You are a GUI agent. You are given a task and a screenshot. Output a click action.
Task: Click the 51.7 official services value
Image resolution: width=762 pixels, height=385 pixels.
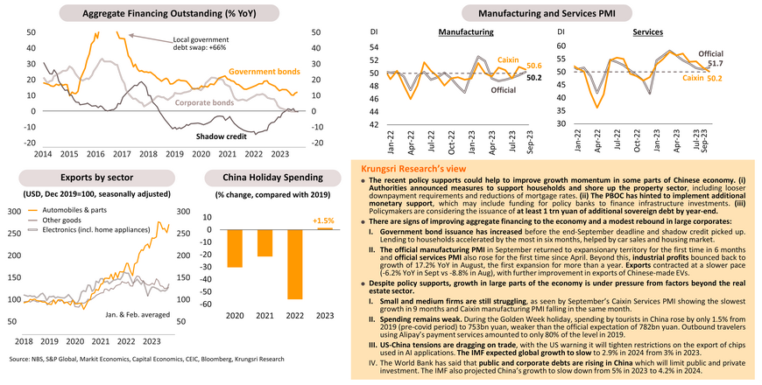coord(715,64)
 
